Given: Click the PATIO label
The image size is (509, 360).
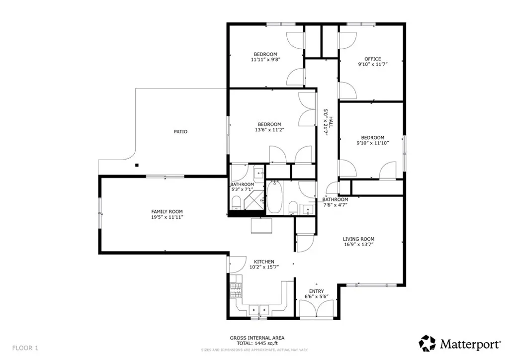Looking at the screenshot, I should click(180, 132).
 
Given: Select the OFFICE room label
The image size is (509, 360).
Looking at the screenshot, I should click(372, 59).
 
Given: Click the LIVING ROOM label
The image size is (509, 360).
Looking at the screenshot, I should click(358, 239).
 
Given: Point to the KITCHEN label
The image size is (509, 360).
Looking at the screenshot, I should click(264, 262).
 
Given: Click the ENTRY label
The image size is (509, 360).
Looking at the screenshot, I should click(316, 291).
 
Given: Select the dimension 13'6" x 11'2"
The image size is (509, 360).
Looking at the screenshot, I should click(269, 130).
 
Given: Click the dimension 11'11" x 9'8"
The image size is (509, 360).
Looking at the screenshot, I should click(265, 60).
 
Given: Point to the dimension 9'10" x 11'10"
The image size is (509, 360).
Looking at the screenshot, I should click(372, 143).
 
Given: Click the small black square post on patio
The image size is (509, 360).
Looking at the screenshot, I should click(137, 165).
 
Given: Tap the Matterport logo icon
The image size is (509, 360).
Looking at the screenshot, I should click(427, 343).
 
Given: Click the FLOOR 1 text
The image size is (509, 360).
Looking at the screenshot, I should click(25, 348).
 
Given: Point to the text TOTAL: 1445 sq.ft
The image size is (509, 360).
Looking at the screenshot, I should click(257, 344).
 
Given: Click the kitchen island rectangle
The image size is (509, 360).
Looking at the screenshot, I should click(262, 226).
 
